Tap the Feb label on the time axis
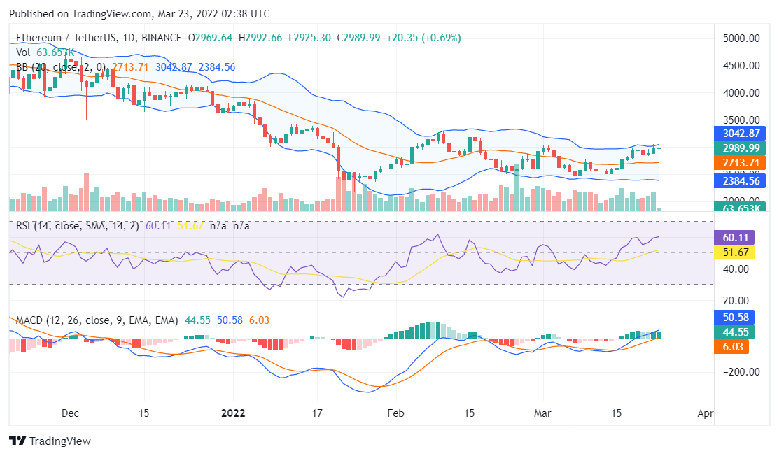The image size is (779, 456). (x=396, y=413)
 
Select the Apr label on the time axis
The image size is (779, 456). (x=706, y=413)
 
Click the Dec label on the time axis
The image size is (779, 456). (x=71, y=413)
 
